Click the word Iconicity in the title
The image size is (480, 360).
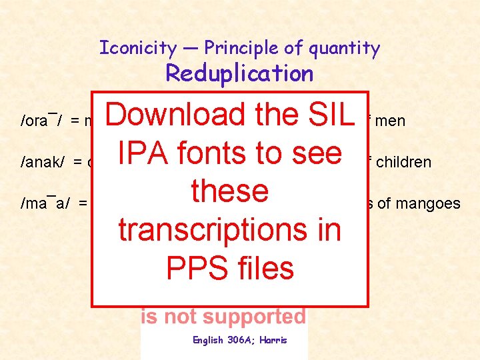[x=137, y=48]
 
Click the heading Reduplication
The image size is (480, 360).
[x=239, y=73]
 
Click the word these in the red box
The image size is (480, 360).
[x=229, y=191]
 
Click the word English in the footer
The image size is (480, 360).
[x=208, y=340]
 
